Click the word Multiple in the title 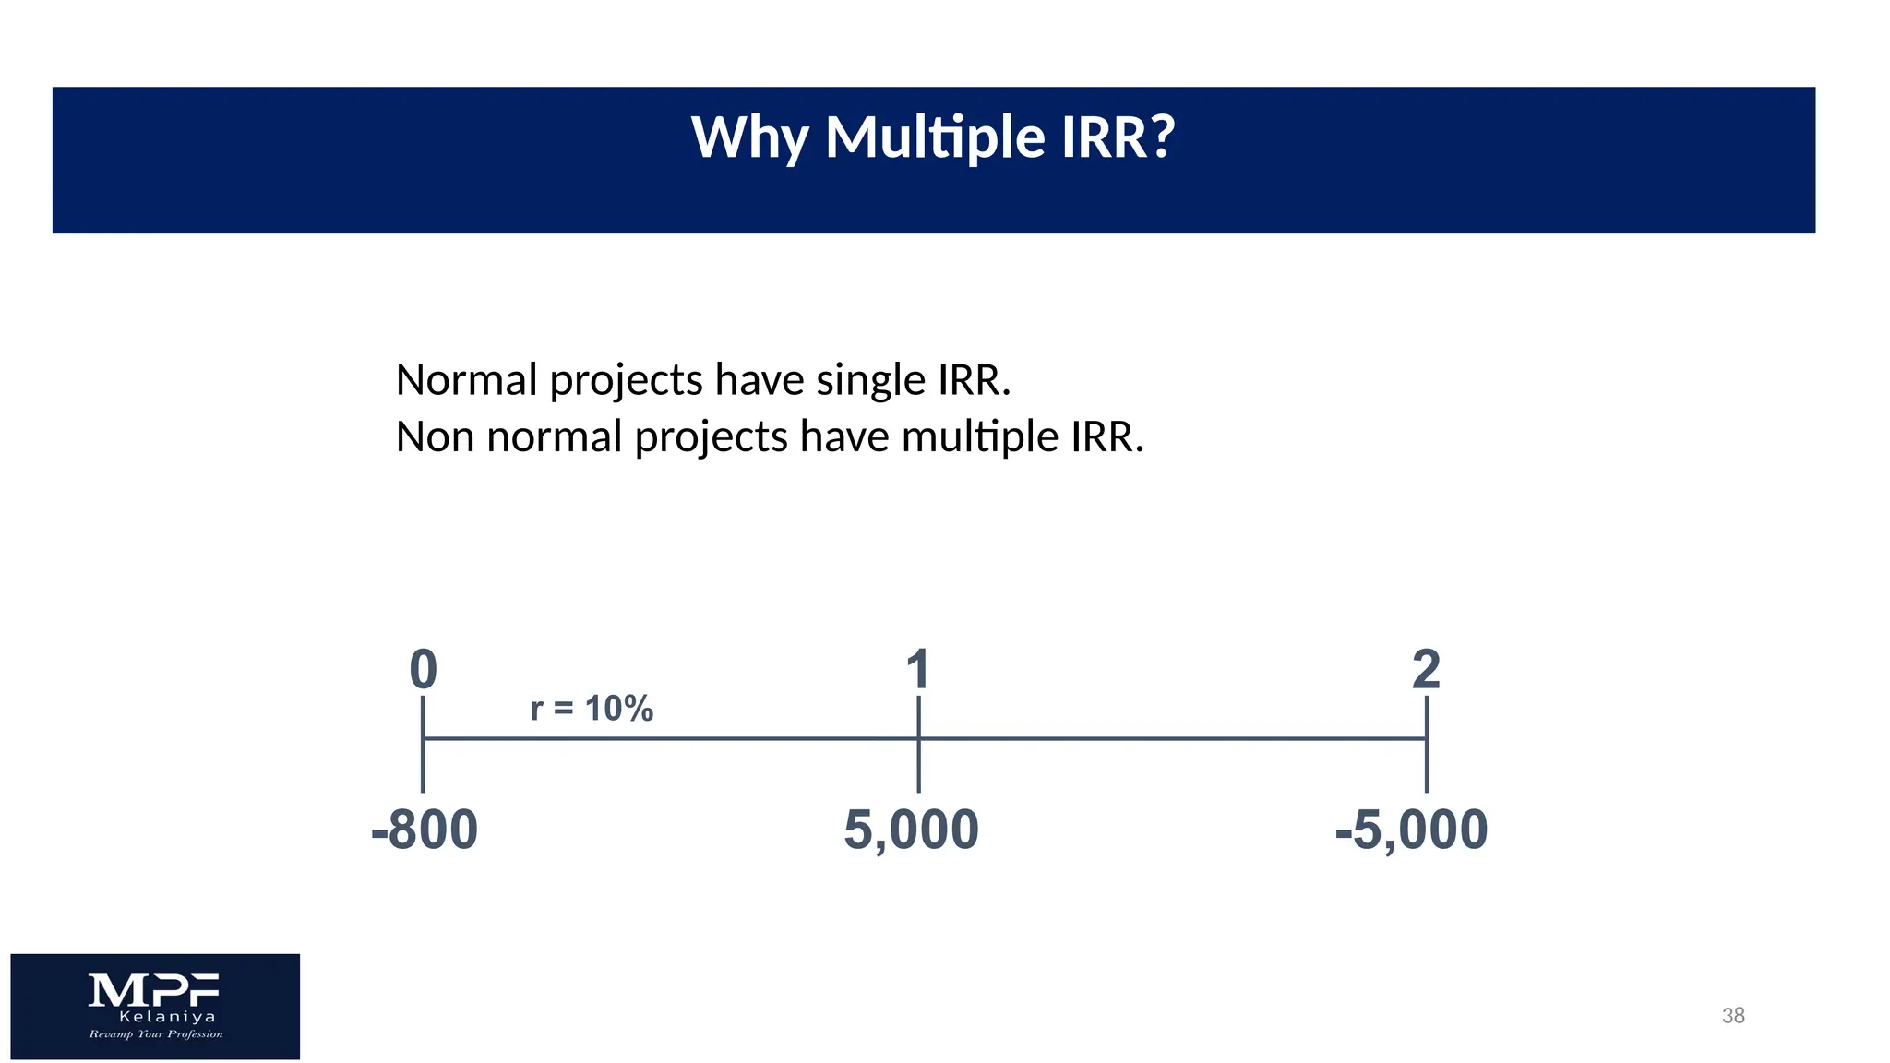click(935, 137)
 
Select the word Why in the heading click(749, 137)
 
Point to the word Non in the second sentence click(436, 436)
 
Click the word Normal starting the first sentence click(466, 380)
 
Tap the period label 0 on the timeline click(423, 669)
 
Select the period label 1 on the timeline click(917, 669)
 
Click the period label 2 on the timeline click(1426, 669)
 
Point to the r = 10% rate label click(592, 709)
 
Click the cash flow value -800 click(425, 830)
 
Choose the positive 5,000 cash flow click(911, 830)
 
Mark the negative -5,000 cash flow click(1411, 830)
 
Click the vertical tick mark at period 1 click(918, 766)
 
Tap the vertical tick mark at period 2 click(1426, 766)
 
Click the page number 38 click(1733, 1016)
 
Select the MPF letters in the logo click(154, 990)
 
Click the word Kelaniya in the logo click(167, 1017)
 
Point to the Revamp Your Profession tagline click(156, 1034)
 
